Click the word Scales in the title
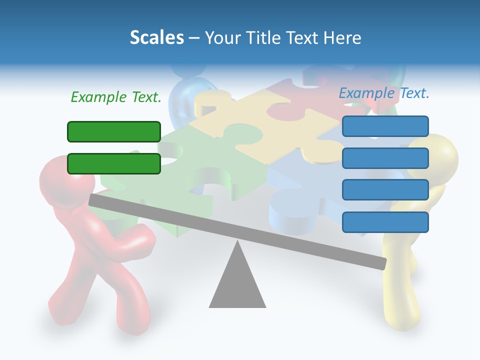156,37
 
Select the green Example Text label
116,97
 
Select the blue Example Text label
384,93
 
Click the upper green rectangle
114,131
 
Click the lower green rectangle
114,163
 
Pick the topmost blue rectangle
385,126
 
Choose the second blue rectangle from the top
385,158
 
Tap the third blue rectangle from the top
385,190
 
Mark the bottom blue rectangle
385,222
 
